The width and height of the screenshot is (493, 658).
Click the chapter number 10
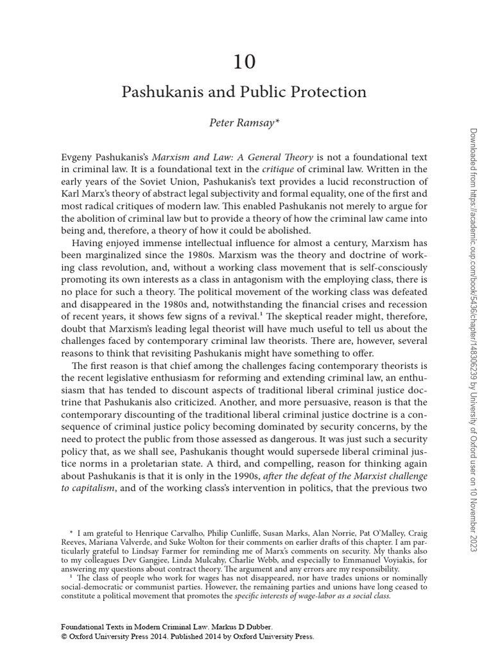pos(244,62)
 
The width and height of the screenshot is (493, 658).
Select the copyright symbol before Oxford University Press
pos(64,637)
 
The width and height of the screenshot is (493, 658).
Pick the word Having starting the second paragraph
pos(89,243)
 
